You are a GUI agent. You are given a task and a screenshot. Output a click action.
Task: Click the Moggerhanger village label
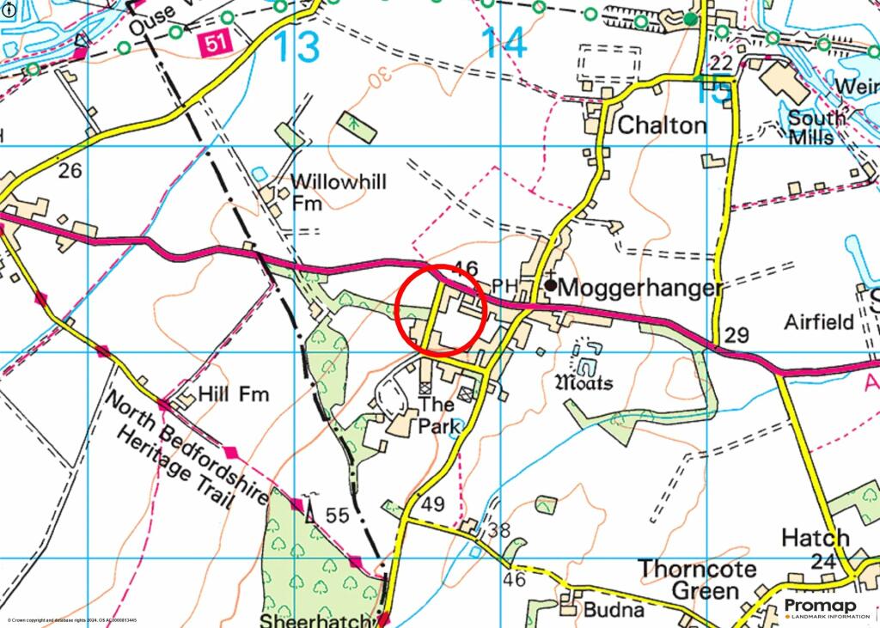click(x=640, y=287)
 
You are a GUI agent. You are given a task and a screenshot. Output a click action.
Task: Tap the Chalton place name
click(x=662, y=125)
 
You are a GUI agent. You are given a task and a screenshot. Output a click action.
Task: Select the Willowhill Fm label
click(x=338, y=192)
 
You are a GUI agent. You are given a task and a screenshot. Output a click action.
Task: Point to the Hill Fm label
click(x=233, y=394)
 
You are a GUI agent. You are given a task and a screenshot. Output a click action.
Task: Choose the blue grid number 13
click(x=297, y=46)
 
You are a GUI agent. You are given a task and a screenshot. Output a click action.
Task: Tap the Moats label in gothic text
click(x=584, y=382)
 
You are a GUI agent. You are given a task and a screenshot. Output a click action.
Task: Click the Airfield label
click(x=819, y=322)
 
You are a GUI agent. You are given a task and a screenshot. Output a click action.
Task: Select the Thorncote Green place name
click(x=698, y=580)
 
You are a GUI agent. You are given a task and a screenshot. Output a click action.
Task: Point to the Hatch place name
click(x=815, y=539)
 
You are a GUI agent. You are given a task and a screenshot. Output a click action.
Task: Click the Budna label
click(x=614, y=610)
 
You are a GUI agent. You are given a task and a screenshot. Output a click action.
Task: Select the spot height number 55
click(x=337, y=515)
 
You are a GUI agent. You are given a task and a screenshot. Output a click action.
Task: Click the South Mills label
click(x=811, y=128)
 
